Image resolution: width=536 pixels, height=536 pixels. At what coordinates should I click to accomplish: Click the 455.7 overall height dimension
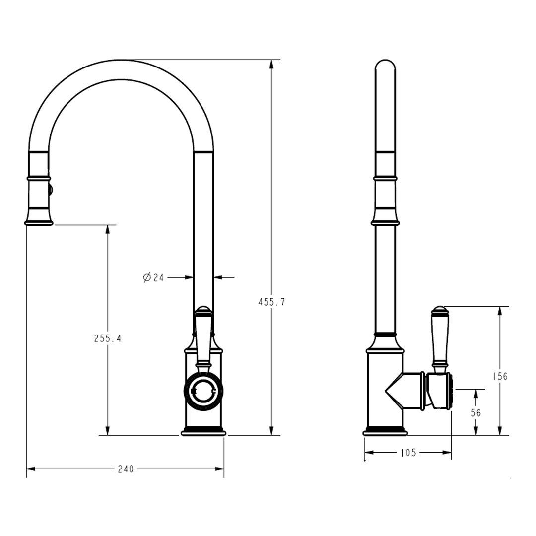(271, 302)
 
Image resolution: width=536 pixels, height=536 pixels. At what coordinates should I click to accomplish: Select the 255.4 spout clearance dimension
(108, 338)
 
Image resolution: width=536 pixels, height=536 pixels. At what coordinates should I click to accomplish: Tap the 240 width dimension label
(126, 469)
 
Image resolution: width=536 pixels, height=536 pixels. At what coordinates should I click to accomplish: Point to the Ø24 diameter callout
(153, 277)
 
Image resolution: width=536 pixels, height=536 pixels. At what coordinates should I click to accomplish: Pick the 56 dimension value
(476, 412)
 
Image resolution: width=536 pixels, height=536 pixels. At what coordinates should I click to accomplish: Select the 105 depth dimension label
(407, 452)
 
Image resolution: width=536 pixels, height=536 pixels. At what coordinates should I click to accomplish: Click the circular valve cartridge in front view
(203, 392)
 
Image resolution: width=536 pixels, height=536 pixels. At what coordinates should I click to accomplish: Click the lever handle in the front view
(203, 337)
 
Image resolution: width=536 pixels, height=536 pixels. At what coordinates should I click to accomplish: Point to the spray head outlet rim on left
(39, 223)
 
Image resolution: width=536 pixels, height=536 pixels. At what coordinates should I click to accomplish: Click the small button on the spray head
(50, 188)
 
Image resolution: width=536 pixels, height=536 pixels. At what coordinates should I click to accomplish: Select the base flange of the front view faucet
(203, 433)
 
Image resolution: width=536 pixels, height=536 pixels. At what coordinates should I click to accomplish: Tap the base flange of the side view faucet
(385, 433)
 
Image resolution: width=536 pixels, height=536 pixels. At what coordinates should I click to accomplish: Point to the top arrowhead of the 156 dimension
(500, 311)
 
